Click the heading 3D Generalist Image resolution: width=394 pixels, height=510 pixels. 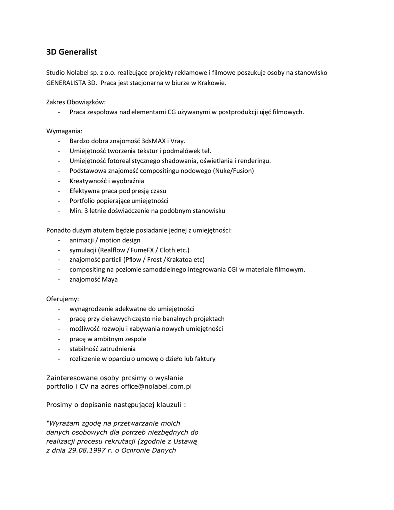pos(71,52)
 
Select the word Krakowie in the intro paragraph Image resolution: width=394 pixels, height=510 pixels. pos(213,83)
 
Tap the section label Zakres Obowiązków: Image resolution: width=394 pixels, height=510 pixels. pos(76,102)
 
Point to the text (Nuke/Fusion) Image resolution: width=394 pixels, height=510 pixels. pos(233,171)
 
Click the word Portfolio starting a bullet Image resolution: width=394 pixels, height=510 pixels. pos(82,201)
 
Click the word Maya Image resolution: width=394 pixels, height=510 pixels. pos(110,279)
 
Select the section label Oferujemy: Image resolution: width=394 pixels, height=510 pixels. pos(62,299)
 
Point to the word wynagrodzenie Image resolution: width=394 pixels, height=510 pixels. pos(91,309)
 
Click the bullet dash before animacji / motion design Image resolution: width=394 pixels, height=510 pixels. pos(59,240)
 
